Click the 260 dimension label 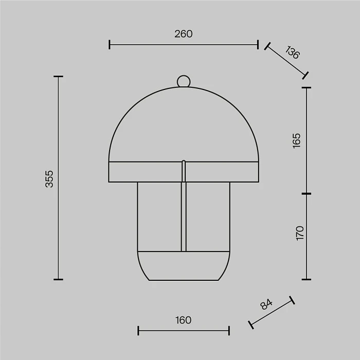(x=184, y=34)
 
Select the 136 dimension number (x=293, y=52)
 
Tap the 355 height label (x=49, y=179)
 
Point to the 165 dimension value (x=296, y=141)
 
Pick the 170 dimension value (x=300, y=233)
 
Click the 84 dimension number (x=266, y=304)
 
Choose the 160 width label (x=184, y=320)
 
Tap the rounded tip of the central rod (x=184, y=161)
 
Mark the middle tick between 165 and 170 (x=307, y=194)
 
